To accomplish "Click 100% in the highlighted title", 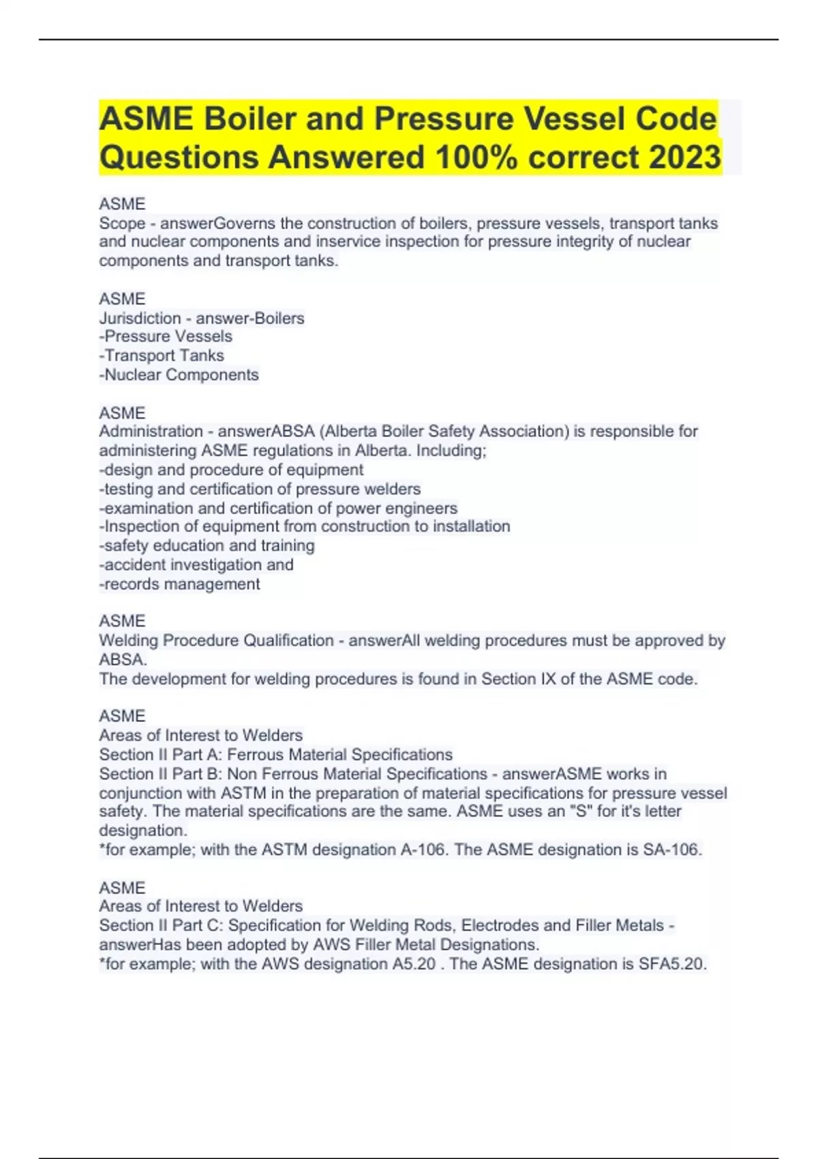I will tap(477, 157).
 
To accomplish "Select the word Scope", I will tap(122, 223).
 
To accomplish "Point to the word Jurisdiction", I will tap(140, 318).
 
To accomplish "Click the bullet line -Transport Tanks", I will tap(162, 355).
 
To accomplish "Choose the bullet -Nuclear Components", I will tap(179, 374).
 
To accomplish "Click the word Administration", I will tap(151, 431).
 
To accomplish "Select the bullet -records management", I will tap(180, 584).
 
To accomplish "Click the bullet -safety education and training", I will tap(207, 545).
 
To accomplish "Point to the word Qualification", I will tap(288, 640).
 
